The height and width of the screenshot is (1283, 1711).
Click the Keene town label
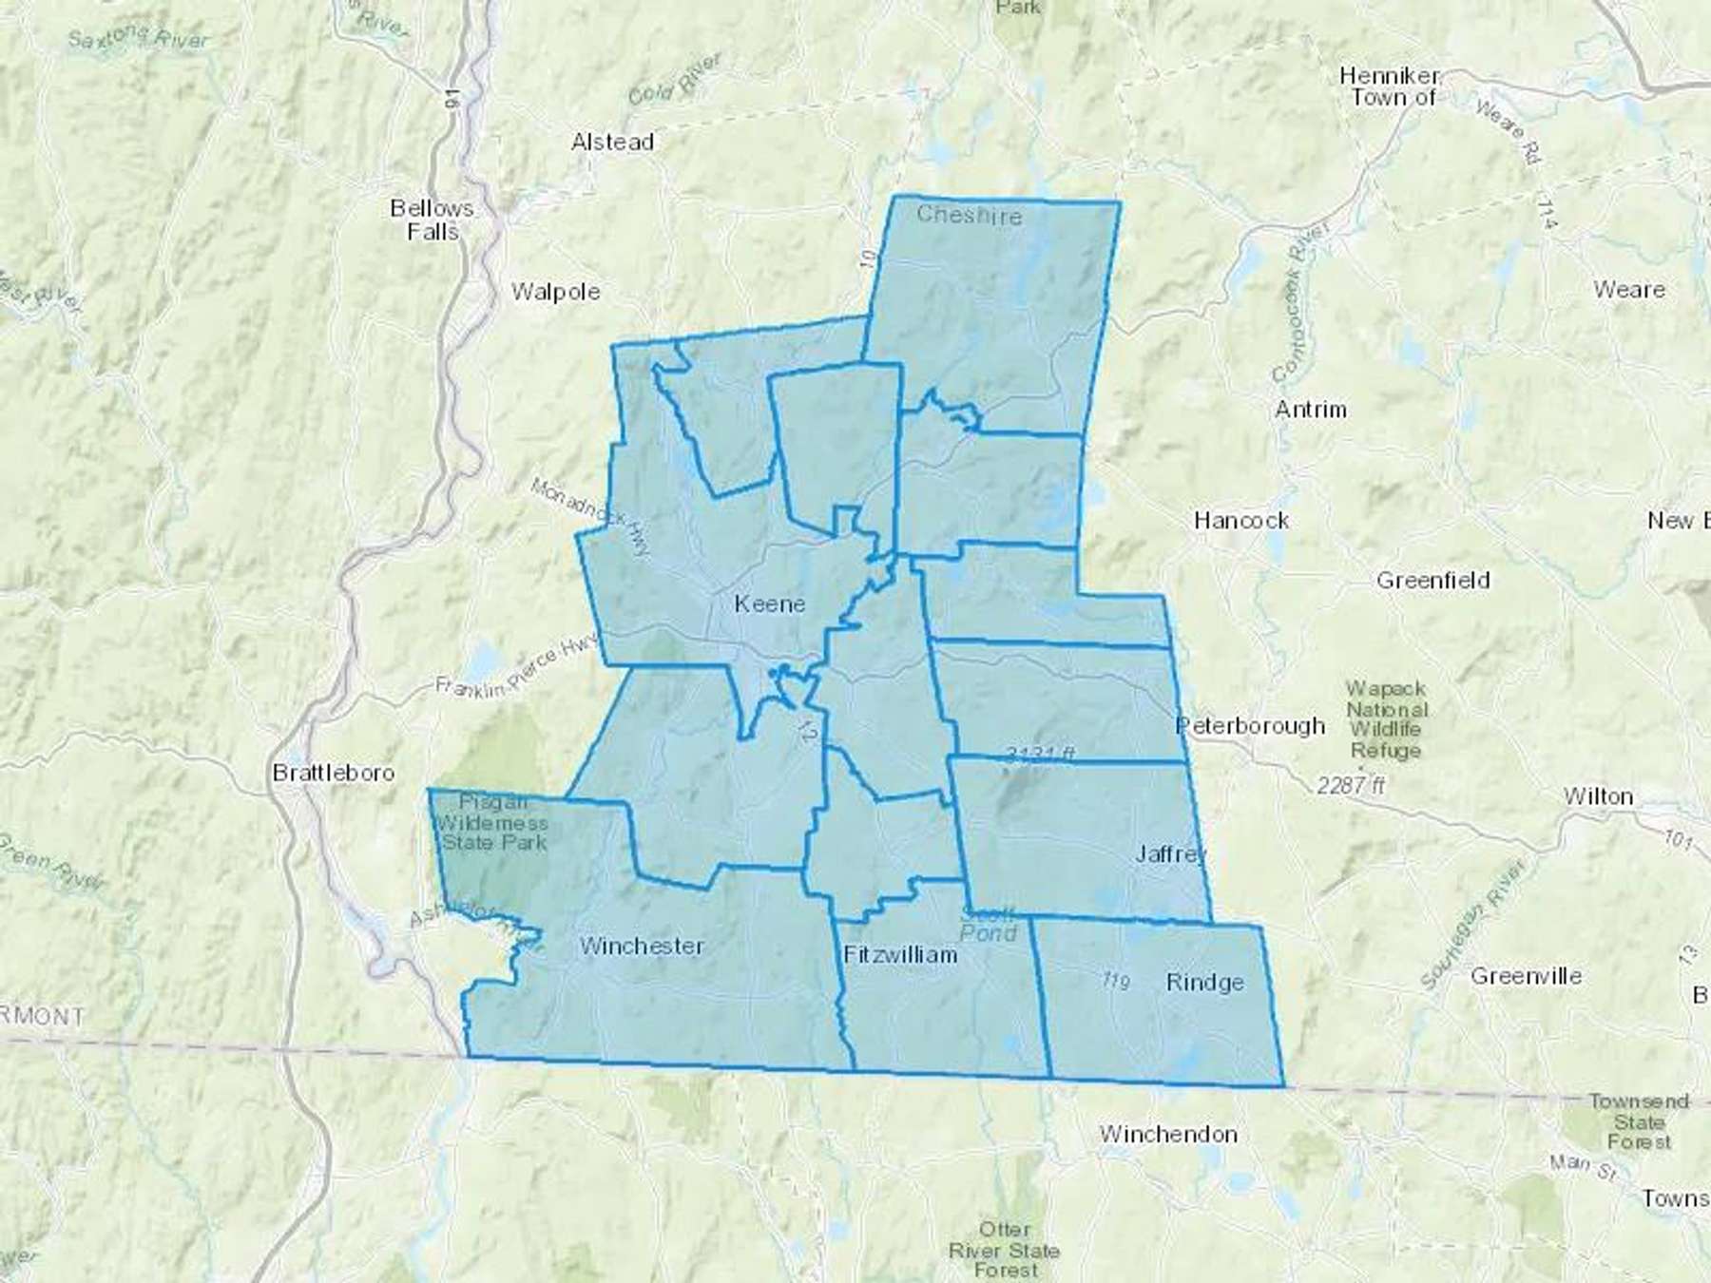(769, 604)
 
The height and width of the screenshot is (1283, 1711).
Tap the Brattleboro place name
(333, 773)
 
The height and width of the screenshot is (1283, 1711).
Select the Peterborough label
(1250, 726)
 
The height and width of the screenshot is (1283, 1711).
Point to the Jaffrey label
(1171, 854)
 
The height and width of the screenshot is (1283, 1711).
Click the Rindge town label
(1204, 983)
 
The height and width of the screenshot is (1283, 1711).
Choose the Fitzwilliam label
(900, 955)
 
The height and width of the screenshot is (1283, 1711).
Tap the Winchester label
(642, 946)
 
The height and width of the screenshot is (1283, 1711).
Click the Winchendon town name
(1168, 1134)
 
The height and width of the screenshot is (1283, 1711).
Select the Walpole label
(555, 292)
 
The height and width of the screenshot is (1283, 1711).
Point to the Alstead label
(612, 143)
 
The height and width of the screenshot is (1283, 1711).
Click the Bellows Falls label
(433, 220)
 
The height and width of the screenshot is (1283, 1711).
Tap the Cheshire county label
(969, 215)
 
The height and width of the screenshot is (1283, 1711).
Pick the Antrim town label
(1311, 410)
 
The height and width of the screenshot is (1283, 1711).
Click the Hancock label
(1241, 521)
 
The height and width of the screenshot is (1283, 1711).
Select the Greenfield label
(1432, 581)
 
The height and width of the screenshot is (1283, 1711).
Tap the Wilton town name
(1598, 796)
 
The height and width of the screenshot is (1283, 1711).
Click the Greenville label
(1526, 976)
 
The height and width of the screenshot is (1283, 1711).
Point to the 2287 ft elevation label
(1351, 785)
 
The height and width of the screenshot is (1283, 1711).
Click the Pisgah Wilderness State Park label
(491, 822)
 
